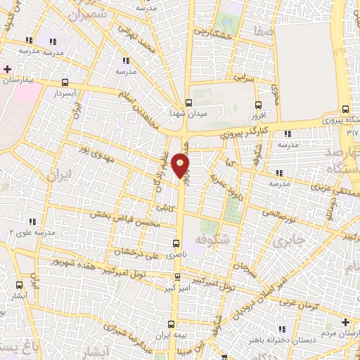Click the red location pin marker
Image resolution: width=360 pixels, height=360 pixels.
pyautogui.click(x=181, y=165)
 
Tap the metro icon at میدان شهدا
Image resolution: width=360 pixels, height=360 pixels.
pyautogui.click(x=188, y=101)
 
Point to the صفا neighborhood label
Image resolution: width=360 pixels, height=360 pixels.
pyautogui.click(x=266, y=31)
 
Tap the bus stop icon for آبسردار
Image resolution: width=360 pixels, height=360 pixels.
pyautogui.click(x=65, y=82)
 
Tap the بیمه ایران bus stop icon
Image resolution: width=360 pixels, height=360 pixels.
pyautogui.click(x=169, y=324)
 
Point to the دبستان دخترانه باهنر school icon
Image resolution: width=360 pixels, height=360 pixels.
pyautogui.click(x=282, y=328)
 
